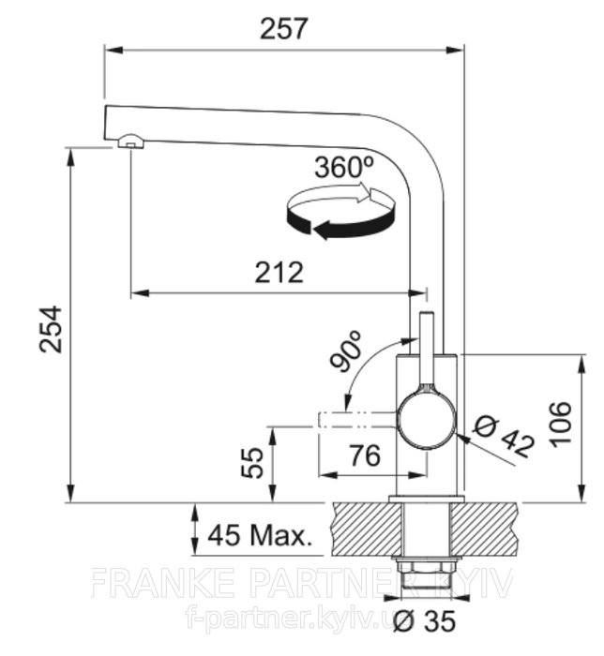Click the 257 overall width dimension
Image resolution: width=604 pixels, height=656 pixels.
283,29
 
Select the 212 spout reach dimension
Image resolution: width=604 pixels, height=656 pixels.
279,273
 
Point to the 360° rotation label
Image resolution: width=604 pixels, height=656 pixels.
343,167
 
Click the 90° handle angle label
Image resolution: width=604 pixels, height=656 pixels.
347,351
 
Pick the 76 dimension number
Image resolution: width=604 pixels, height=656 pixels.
366,455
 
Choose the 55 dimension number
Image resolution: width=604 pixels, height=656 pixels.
253,462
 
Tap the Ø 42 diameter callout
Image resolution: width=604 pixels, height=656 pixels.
505,437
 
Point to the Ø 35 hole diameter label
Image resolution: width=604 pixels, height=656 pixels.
425,620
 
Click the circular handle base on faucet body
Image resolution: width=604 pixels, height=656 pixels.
426,420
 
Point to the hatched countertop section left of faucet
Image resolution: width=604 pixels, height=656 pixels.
366,529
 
